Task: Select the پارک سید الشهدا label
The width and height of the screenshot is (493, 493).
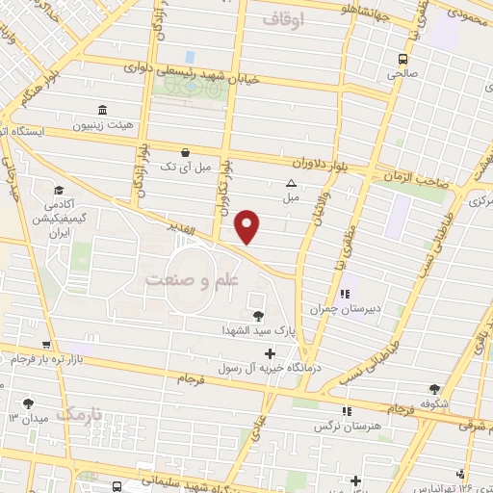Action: pos(257,331)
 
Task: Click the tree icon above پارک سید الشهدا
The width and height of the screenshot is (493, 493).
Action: pos(257,316)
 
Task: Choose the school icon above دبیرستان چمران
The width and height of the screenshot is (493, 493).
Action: pos(344,293)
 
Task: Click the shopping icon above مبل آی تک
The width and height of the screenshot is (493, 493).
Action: pos(186,152)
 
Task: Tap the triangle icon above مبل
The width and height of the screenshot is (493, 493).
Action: pos(290,183)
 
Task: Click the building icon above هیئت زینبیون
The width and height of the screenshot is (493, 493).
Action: pos(102,109)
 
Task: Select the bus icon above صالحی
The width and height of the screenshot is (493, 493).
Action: pos(403,57)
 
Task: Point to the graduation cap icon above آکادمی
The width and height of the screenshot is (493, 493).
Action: pos(59,190)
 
